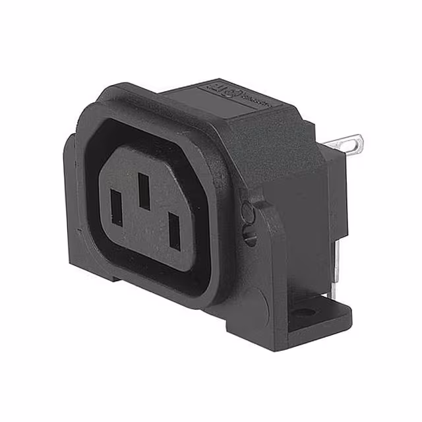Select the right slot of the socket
[x=175, y=231]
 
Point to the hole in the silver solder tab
[x=354, y=140]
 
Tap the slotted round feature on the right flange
[x=250, y=236]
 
